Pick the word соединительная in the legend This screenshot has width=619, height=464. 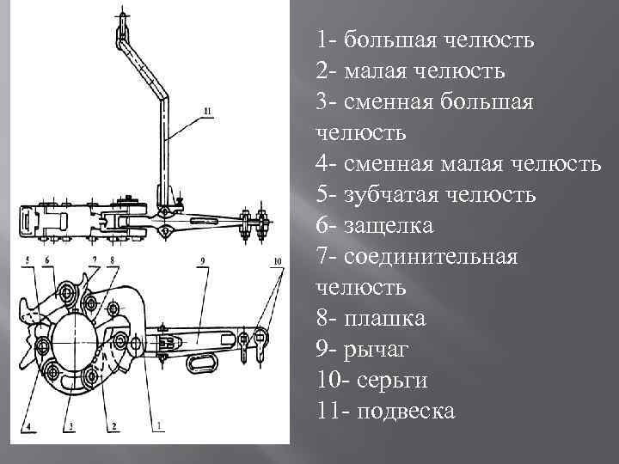click(431, 257)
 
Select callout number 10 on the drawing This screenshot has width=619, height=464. click(277, 259)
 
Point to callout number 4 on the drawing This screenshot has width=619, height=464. click(29, 425)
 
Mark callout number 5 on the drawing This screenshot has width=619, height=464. click(28, 259)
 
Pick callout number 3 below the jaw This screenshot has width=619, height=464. click(70, 425)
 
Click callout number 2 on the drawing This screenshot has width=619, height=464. click(113, 425)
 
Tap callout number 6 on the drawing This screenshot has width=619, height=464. click(47, 259)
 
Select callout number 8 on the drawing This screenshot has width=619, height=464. click(112, 259)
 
